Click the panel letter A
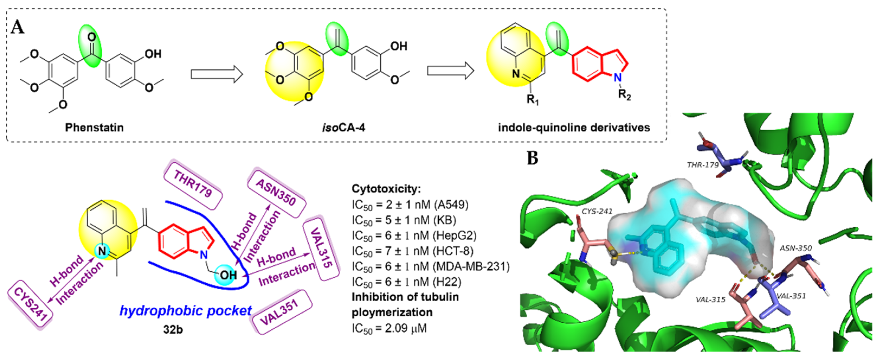click(18, 27)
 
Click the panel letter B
click(532, 158)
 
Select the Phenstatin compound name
click(94, 127)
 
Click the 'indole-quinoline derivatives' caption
click(574, 127)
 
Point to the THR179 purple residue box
click(193, 184)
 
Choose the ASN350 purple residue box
click(276, 193)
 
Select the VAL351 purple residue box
click(282, 312)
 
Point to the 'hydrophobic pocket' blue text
click(185, 311)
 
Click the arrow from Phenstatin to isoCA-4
click(217, 74)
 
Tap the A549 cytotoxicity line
click(410, 205)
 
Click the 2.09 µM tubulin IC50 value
click(389, 328)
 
